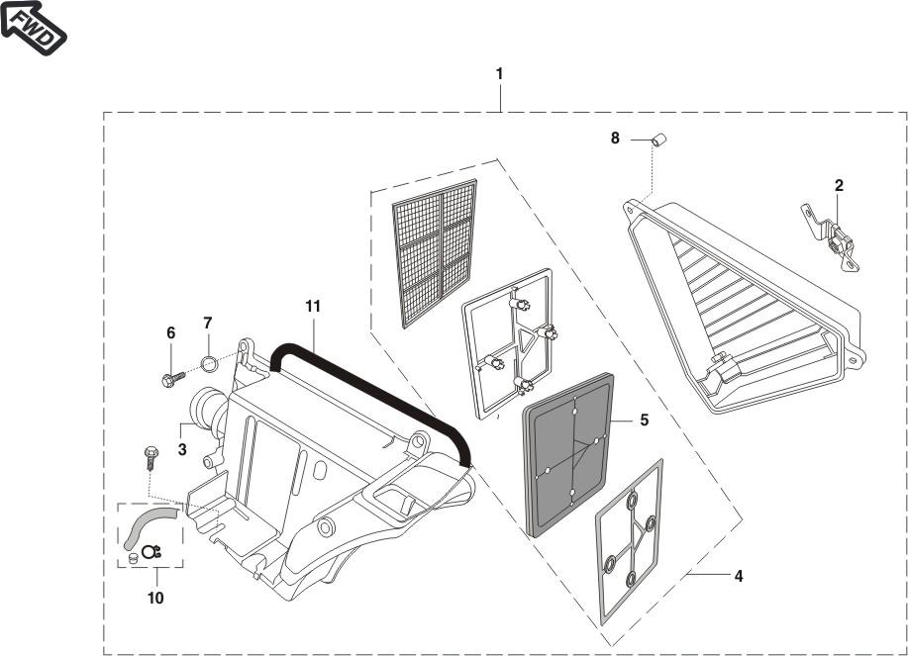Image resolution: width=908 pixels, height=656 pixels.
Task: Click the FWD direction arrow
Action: coord(33,26)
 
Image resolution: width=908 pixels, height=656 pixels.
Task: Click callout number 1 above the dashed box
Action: coord(499,74)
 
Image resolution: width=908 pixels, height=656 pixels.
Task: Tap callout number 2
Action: coord(839,186)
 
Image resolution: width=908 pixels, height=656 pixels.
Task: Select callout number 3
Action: coord(182,449)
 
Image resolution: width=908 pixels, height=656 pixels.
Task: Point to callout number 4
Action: coord(739,576)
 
